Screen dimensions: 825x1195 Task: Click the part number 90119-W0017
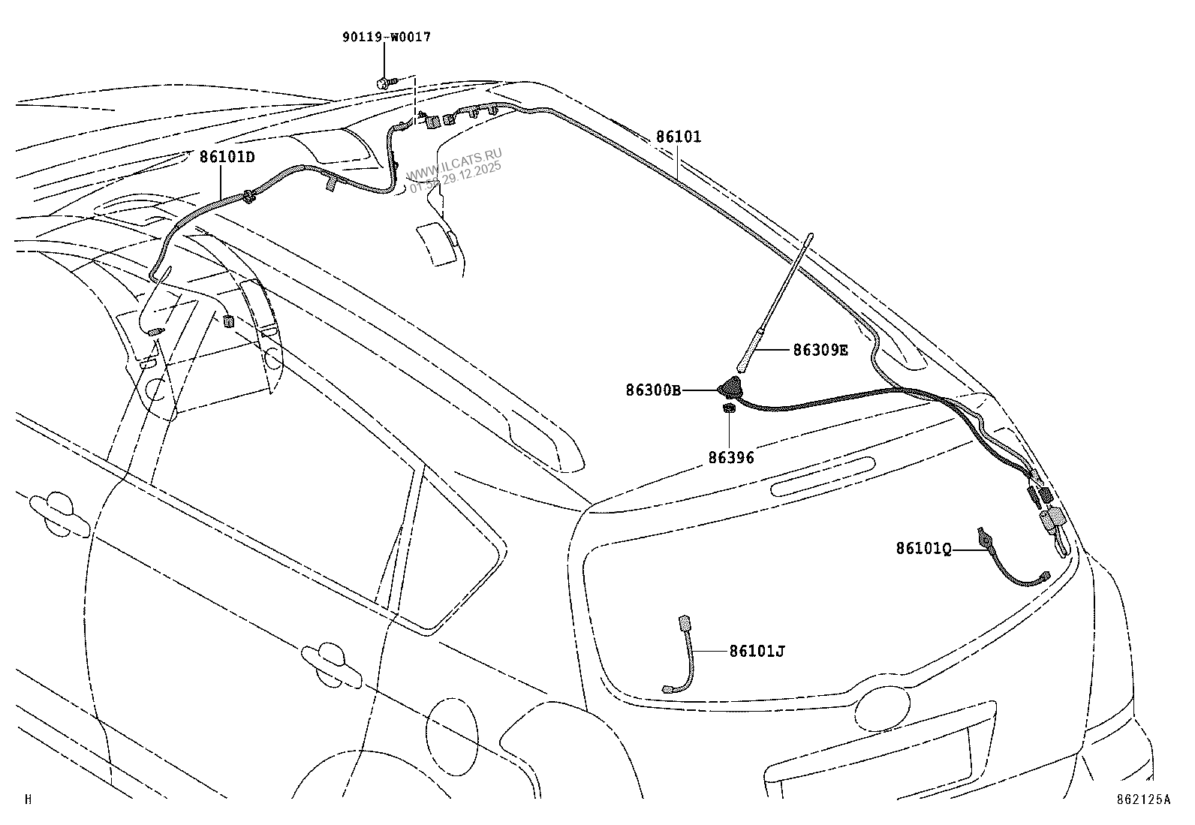pos(384,37)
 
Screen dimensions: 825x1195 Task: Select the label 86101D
pos(227,158)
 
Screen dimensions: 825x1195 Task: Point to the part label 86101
pos(678,137)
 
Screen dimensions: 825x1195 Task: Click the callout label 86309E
pos(820,350)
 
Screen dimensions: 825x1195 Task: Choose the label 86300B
pos(653,390)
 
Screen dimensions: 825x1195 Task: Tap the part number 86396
pos(730,457)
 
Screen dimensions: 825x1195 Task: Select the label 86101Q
pos(923,549)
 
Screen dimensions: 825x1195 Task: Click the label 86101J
pos(757,651)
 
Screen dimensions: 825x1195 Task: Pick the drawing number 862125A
pos(1142,799)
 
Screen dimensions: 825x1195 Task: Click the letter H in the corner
pos(29,799)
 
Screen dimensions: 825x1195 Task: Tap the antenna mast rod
pos(777,300)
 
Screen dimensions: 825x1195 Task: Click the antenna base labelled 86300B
pos(729,389)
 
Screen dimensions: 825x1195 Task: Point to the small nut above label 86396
pos(727,408)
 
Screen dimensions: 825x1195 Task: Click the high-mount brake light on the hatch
pos(823,477)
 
